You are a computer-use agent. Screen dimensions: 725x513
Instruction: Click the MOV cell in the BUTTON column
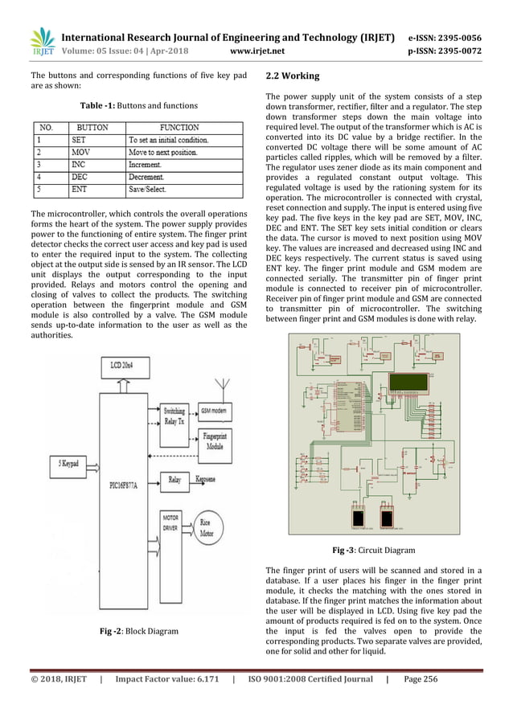81,152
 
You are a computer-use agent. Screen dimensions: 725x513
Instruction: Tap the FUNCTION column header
179,127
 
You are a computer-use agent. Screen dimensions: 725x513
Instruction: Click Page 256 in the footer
420,679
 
